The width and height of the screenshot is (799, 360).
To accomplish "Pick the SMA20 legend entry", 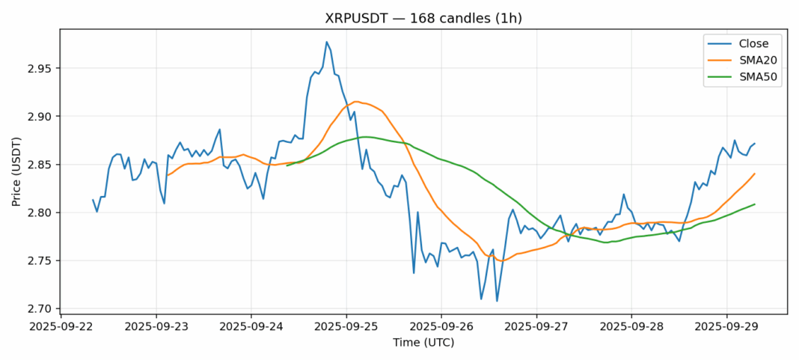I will (749, 60).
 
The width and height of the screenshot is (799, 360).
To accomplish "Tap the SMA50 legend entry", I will (749, 77).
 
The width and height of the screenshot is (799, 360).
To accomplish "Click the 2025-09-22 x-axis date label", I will (61, 327).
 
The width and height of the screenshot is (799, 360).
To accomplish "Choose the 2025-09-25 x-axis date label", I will (346, 327).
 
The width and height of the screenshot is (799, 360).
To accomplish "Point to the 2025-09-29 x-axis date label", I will (726, 327).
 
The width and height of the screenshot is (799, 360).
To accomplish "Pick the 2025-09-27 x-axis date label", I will (536, 327).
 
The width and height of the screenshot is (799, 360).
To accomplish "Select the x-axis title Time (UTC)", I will (423, 343).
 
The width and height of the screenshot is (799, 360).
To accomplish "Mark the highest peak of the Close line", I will (327, 42).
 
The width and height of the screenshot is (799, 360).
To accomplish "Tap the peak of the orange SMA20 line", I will (356, 101).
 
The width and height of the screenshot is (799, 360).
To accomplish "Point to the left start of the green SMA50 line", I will (287, 165).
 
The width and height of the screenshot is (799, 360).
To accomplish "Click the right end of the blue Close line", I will (754, 144).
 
